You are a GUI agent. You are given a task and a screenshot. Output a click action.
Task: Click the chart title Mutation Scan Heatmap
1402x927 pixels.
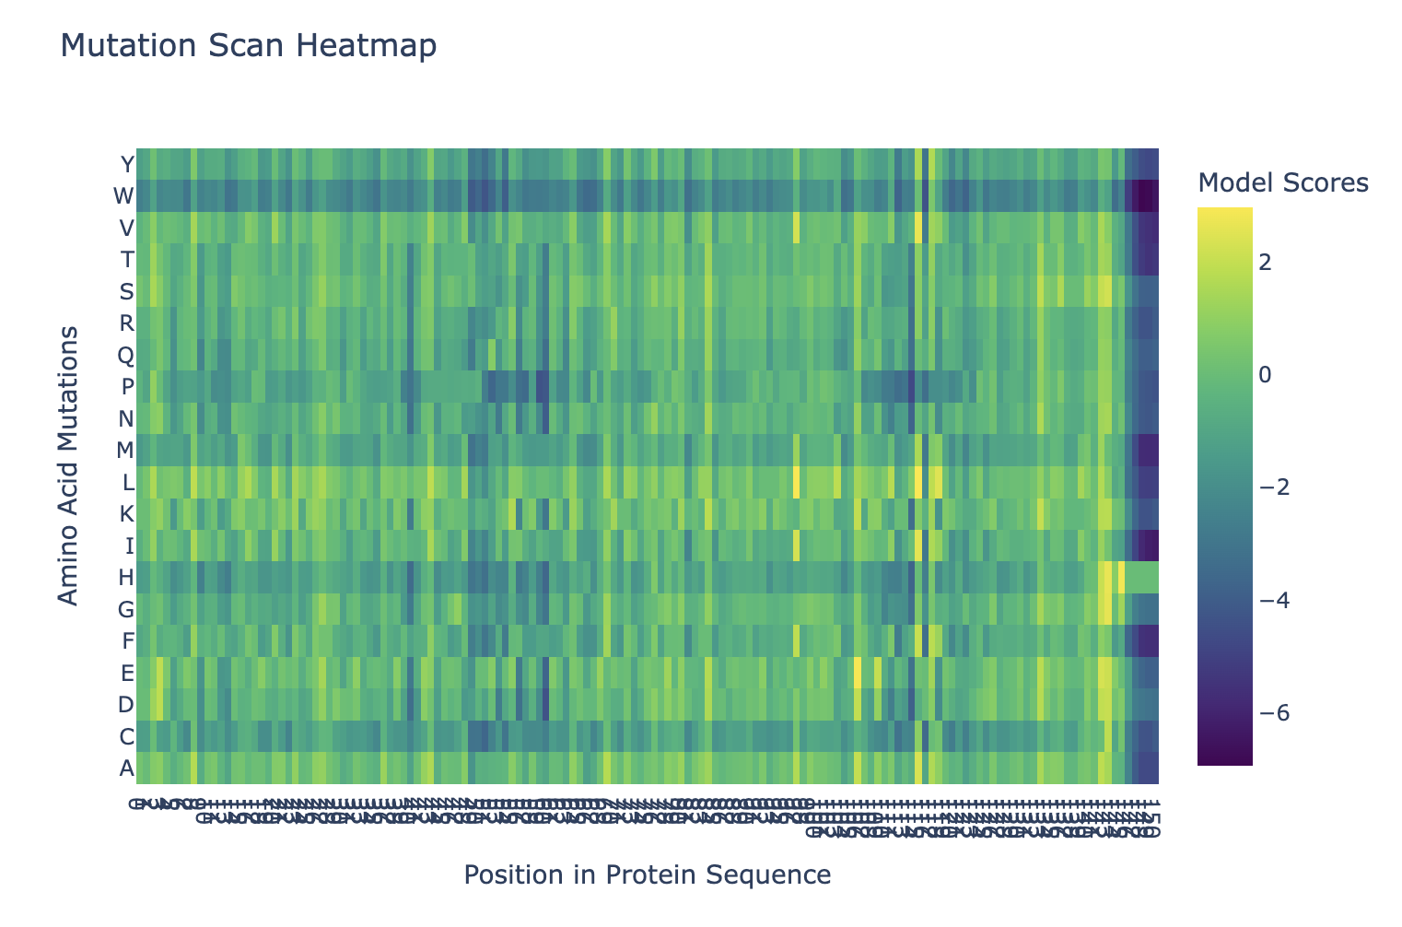tap(248, 46)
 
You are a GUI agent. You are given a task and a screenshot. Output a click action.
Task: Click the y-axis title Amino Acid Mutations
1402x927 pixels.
tap(68, 465)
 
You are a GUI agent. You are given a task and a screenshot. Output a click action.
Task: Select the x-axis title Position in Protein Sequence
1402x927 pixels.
tap(648, 874)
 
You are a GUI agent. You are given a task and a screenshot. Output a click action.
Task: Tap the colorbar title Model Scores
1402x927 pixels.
tap(1282, 183)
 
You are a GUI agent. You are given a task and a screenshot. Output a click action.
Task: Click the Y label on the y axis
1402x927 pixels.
tap(127, 165)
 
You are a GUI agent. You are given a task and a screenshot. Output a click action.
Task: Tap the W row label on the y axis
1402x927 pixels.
tap(123, 196)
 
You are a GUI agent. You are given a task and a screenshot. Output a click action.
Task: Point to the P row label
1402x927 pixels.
tap(127, 387)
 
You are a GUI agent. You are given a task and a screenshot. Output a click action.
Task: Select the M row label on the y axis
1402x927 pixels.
tap(125, 451)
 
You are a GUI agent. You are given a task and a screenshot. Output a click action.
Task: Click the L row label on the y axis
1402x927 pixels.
tap(128, 482)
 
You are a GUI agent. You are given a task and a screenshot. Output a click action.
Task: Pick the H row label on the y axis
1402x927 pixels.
tap(126, 578)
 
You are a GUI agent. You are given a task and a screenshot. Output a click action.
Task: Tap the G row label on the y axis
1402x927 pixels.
tap(126, 609)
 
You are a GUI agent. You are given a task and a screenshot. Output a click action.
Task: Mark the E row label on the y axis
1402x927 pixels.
tap(127, 673)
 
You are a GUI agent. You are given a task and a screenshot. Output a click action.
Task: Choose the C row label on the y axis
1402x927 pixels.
tap(126, 736)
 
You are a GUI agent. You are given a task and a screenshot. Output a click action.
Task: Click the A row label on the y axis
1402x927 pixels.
tap(127, 768)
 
